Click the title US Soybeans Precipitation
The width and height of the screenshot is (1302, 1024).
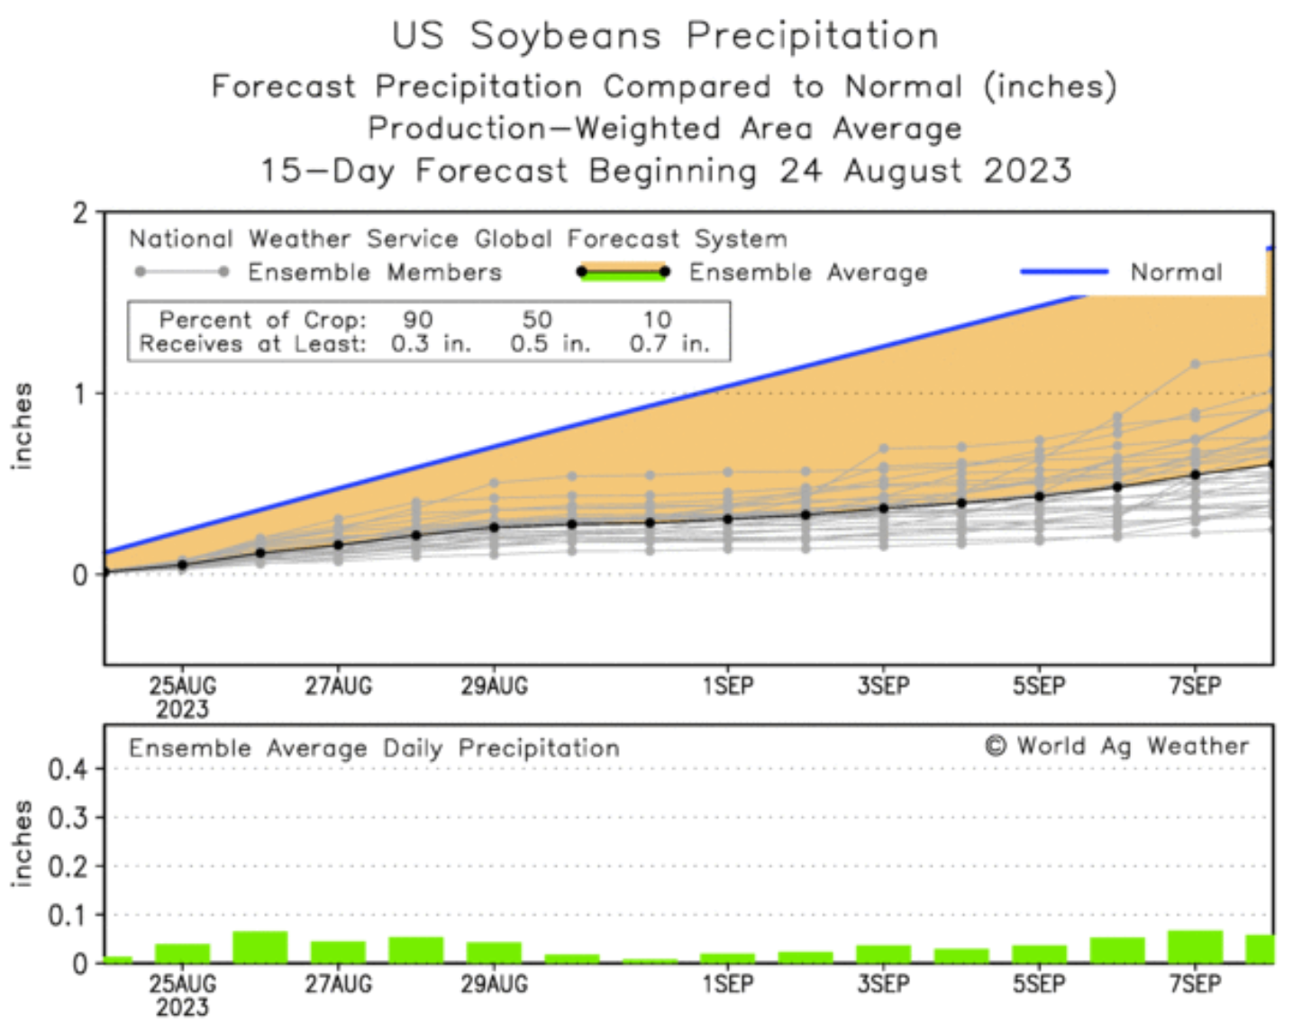[x=665, y=36]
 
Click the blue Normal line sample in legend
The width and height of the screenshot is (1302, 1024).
[x=1064, y=271]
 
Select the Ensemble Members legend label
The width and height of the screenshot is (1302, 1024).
[x=375, y=272]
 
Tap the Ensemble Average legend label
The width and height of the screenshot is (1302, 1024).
[x=807, y=272]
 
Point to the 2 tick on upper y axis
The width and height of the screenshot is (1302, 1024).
[x=81, y=213]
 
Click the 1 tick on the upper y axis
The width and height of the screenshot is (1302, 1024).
[x=81, y=394]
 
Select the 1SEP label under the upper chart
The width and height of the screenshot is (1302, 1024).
[x=728, y=686]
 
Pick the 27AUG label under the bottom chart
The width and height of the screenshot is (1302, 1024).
[x=338, y=984]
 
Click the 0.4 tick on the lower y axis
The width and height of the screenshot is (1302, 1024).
[x=68, y=770]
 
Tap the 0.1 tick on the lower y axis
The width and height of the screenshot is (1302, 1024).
[x=68, y=915]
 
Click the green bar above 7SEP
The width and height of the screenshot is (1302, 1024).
[x=1195, y=947]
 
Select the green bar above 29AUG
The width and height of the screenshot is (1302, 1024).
[x=494, y=952]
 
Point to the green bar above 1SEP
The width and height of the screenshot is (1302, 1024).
[x=728, y=958]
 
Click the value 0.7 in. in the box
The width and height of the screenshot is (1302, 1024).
[x=669, y=343]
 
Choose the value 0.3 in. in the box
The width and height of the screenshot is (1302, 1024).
[x=431, y=343]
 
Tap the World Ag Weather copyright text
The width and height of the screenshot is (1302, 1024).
[x=1116, y=746]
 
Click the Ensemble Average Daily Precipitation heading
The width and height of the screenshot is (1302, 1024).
[x=374, y=748]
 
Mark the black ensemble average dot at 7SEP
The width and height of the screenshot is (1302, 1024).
[x=1196, y=475]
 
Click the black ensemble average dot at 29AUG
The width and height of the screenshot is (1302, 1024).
[x=494, y=527]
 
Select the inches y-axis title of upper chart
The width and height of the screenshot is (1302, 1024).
[x=22, y=426]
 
